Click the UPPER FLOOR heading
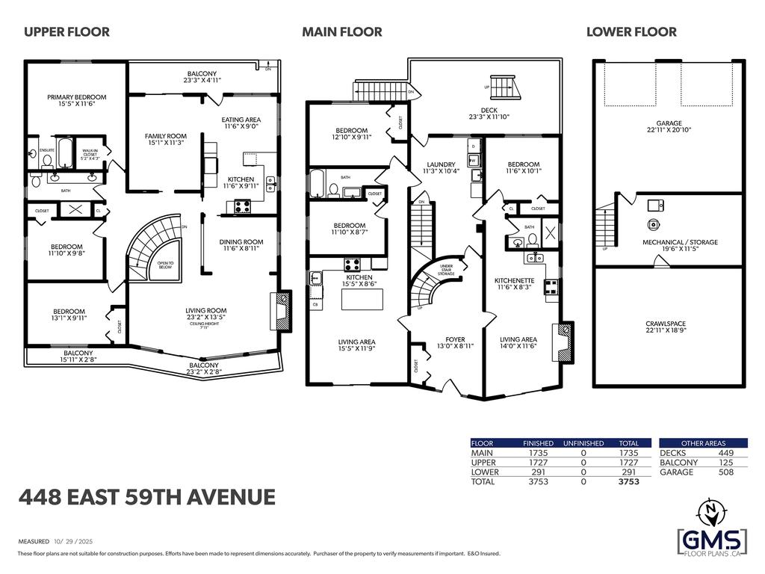pyautogui.click(x=66, y=31)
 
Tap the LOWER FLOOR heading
pyautogui.click(x=631, y=31)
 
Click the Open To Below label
pyautogui.click(x=165, y=265)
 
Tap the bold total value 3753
pyautogui.click(x=629, y=483)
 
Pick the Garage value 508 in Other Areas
pyautogui.click(x=725, y=472)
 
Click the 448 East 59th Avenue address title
pyautogui.click(x=146, y=497)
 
